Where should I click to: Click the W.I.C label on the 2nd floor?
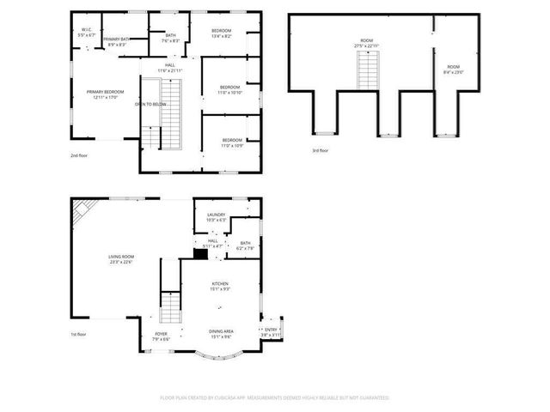coord(86,33)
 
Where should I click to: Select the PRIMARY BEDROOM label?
coord(105,94)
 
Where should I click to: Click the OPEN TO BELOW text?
coord(150,104)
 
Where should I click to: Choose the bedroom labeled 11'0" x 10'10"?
coord(229,89)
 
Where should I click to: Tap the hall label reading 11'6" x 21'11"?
coord(170,68)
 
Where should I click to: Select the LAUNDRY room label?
coord(216,217)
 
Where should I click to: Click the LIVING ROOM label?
coord(120,259)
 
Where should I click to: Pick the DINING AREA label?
coord(221,333)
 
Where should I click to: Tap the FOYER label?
coord(161,336)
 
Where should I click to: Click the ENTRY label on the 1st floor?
coord(271,331)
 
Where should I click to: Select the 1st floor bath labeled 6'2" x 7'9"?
coord(245,245)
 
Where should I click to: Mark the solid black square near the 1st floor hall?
coord(200,253)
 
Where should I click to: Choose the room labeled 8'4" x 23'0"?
coord(453,70)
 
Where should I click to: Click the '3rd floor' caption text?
coord(321,151)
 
